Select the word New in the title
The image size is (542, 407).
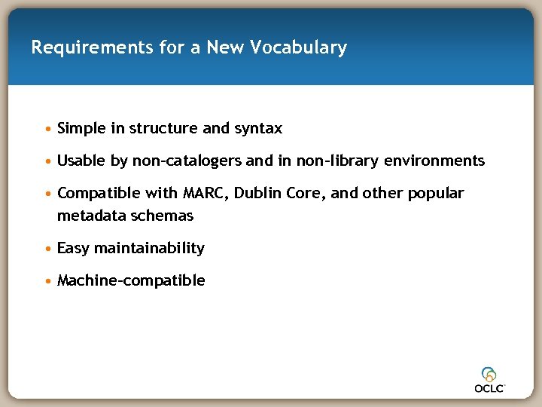[x=226, y=48]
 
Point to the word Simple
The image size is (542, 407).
[x=81, y=129]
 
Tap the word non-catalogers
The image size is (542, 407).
[x=187, y=161]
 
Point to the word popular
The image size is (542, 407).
[x=436, y=194]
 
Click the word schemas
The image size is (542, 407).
[x=163, y=216]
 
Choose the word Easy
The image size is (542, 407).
[x=73, y=249]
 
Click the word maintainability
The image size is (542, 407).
[x=149, y=249]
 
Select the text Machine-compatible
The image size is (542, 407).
[x=131, y=281]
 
